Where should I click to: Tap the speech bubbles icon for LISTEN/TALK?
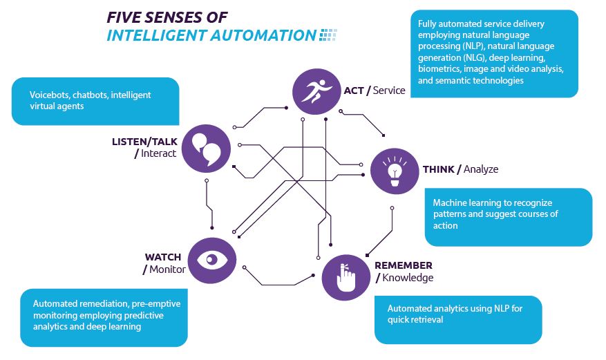(205, 147)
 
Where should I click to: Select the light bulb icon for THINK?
(395, 170)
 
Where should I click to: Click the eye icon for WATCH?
(212, 260)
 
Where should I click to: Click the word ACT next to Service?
(353, 91)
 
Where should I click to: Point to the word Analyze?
(481, 169)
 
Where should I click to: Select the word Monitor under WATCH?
(167, 269)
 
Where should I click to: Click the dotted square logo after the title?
(328, 35)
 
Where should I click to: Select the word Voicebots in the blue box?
(51, 95)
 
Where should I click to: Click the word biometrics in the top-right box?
(437, 69)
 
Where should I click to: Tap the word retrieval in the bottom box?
(428, 319)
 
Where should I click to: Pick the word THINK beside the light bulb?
(439, 169)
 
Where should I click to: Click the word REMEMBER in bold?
(404, 265)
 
